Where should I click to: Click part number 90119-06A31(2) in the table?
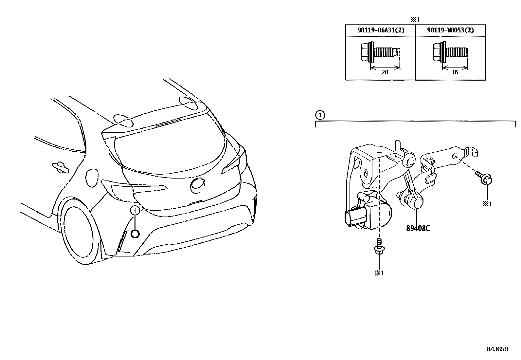point(381,30)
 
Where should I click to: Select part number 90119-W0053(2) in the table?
point(450,30)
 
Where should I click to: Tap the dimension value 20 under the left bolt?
point(385,72)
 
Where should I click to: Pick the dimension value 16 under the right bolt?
point(455,72)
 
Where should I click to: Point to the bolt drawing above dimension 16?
point(450,52)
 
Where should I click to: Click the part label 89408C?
point(418,228)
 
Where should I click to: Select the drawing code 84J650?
point(497,349)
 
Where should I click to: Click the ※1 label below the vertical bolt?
point(379,273)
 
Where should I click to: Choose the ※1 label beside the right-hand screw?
point(487,203)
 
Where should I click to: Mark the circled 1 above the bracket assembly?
point(320,115)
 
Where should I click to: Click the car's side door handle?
point(61,167)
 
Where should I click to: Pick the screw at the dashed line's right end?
point(486,179)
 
